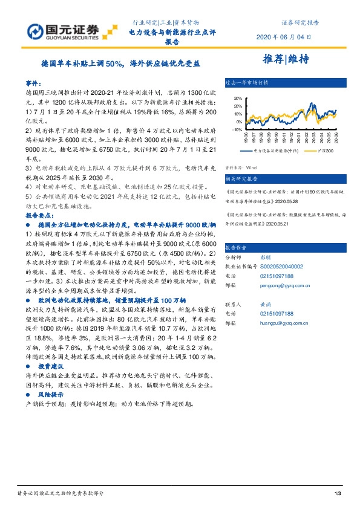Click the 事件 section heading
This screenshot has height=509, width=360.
[x=33, y=82]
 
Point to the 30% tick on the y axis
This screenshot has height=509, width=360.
[x=237, y=98]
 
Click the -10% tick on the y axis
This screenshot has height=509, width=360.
[x=237, y=129]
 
